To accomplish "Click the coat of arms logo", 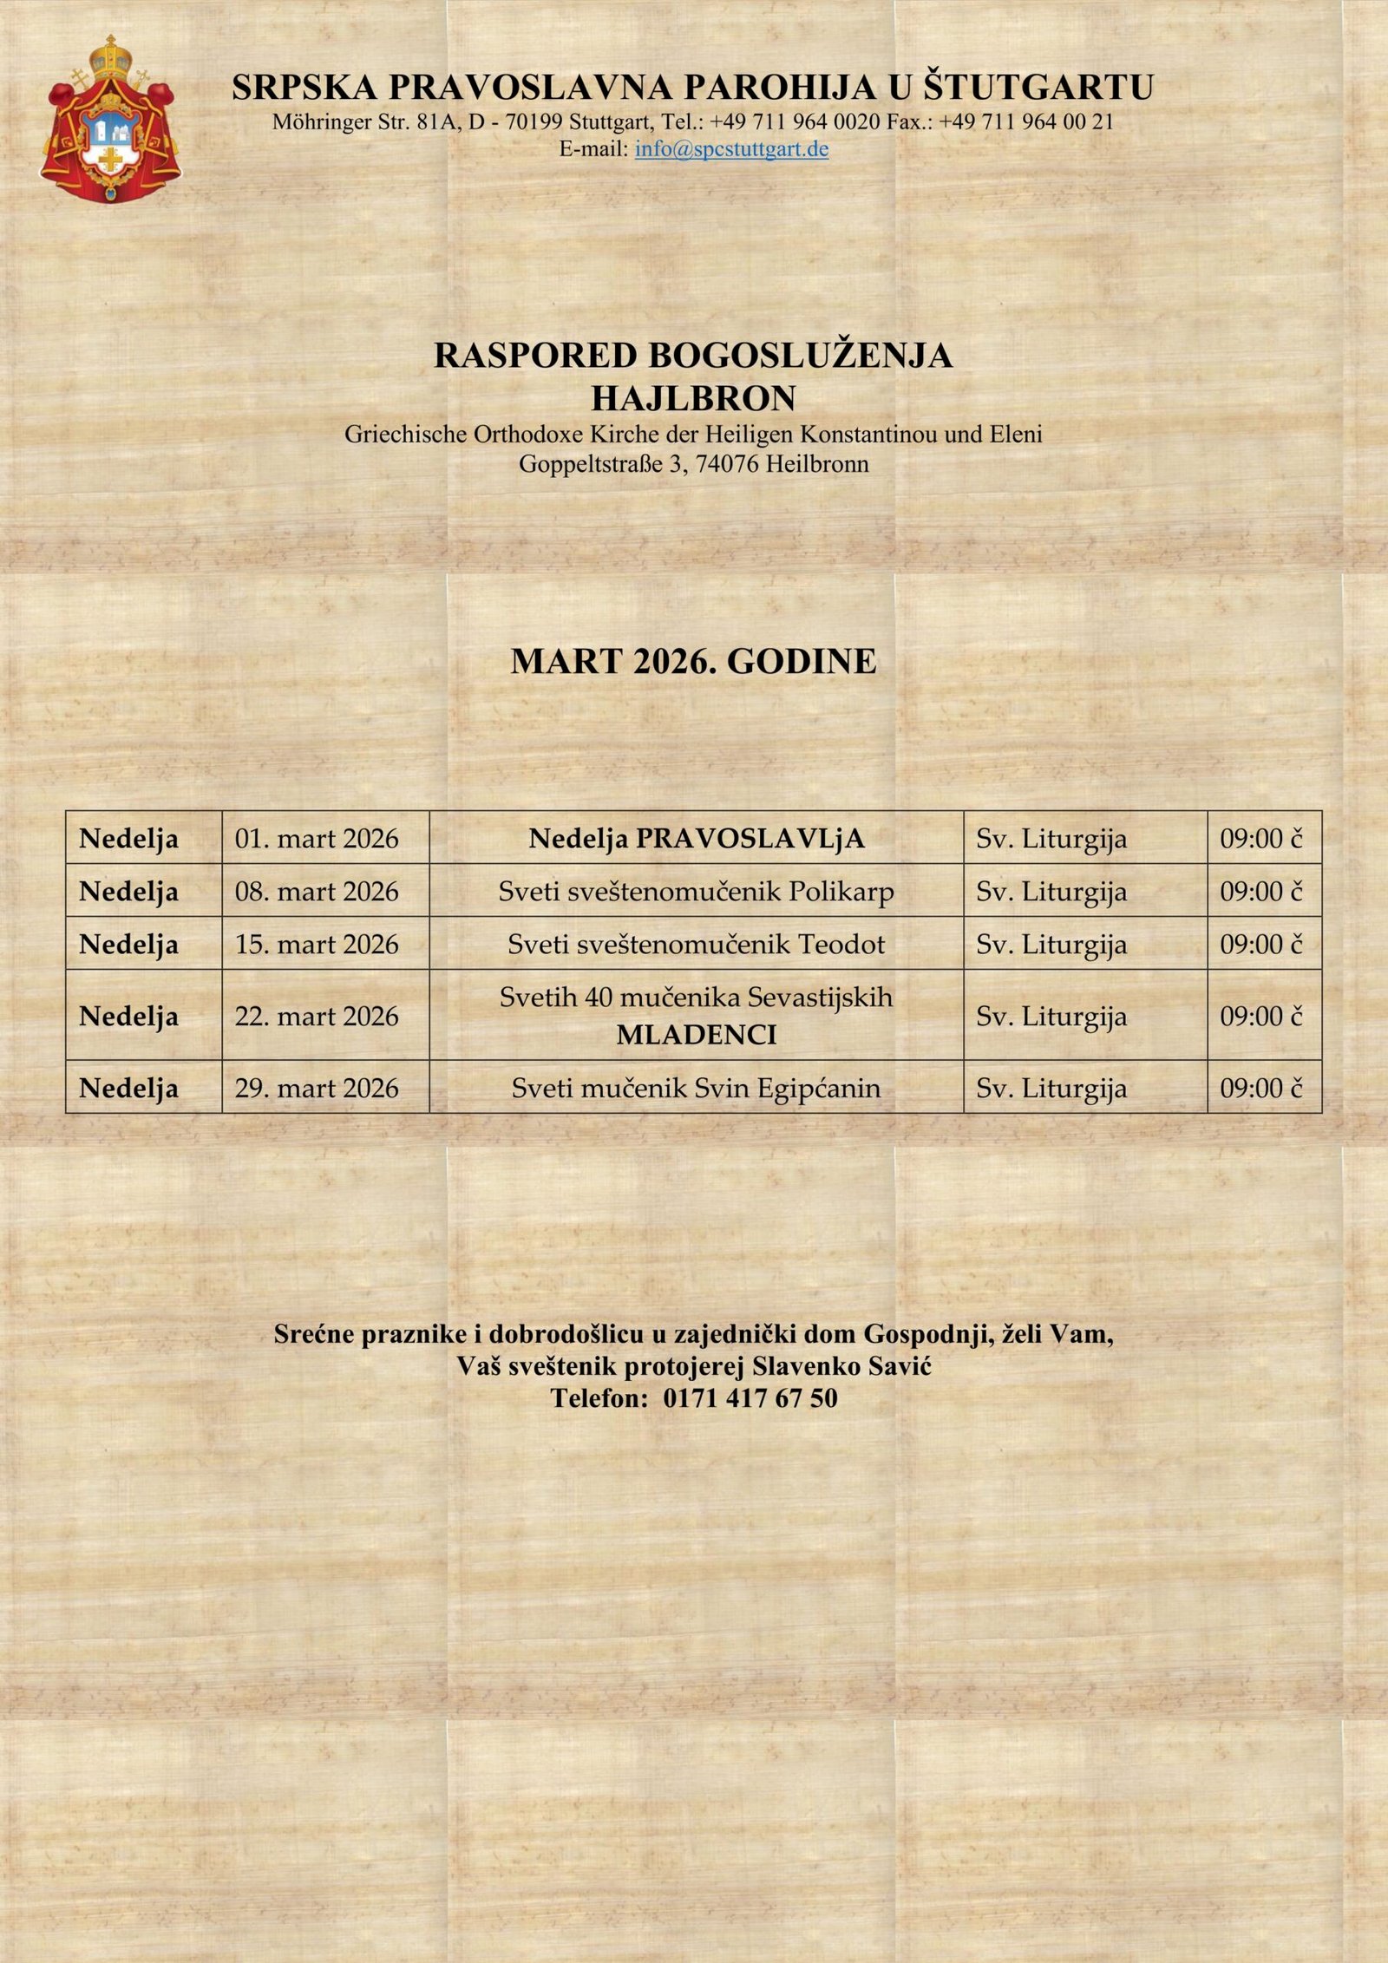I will click(110, 119).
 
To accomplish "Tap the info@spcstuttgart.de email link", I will click(731, 149).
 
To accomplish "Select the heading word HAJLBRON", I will click(693, 398).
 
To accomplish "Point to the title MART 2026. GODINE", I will click(693, 661).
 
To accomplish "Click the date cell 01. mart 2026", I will click(317, 839).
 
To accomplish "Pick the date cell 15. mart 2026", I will click(317, 944).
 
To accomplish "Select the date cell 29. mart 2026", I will click(317, 1088).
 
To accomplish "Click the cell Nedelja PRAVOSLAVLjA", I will click(697, 839).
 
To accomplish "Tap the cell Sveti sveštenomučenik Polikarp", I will click(696, 892).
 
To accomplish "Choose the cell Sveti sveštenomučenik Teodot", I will click(696, 944).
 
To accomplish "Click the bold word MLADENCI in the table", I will click(696, 1035).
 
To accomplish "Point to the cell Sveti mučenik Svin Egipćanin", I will click(696, 1088).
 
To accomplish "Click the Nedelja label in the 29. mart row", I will click(128, 1088).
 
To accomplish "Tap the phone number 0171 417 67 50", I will click(750, 1397).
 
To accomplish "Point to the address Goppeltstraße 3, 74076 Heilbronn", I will click(693, 464).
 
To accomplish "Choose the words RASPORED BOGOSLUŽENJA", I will click(693, 356).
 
